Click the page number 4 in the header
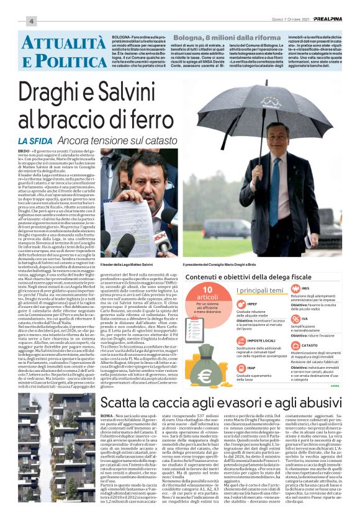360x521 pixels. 30,22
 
